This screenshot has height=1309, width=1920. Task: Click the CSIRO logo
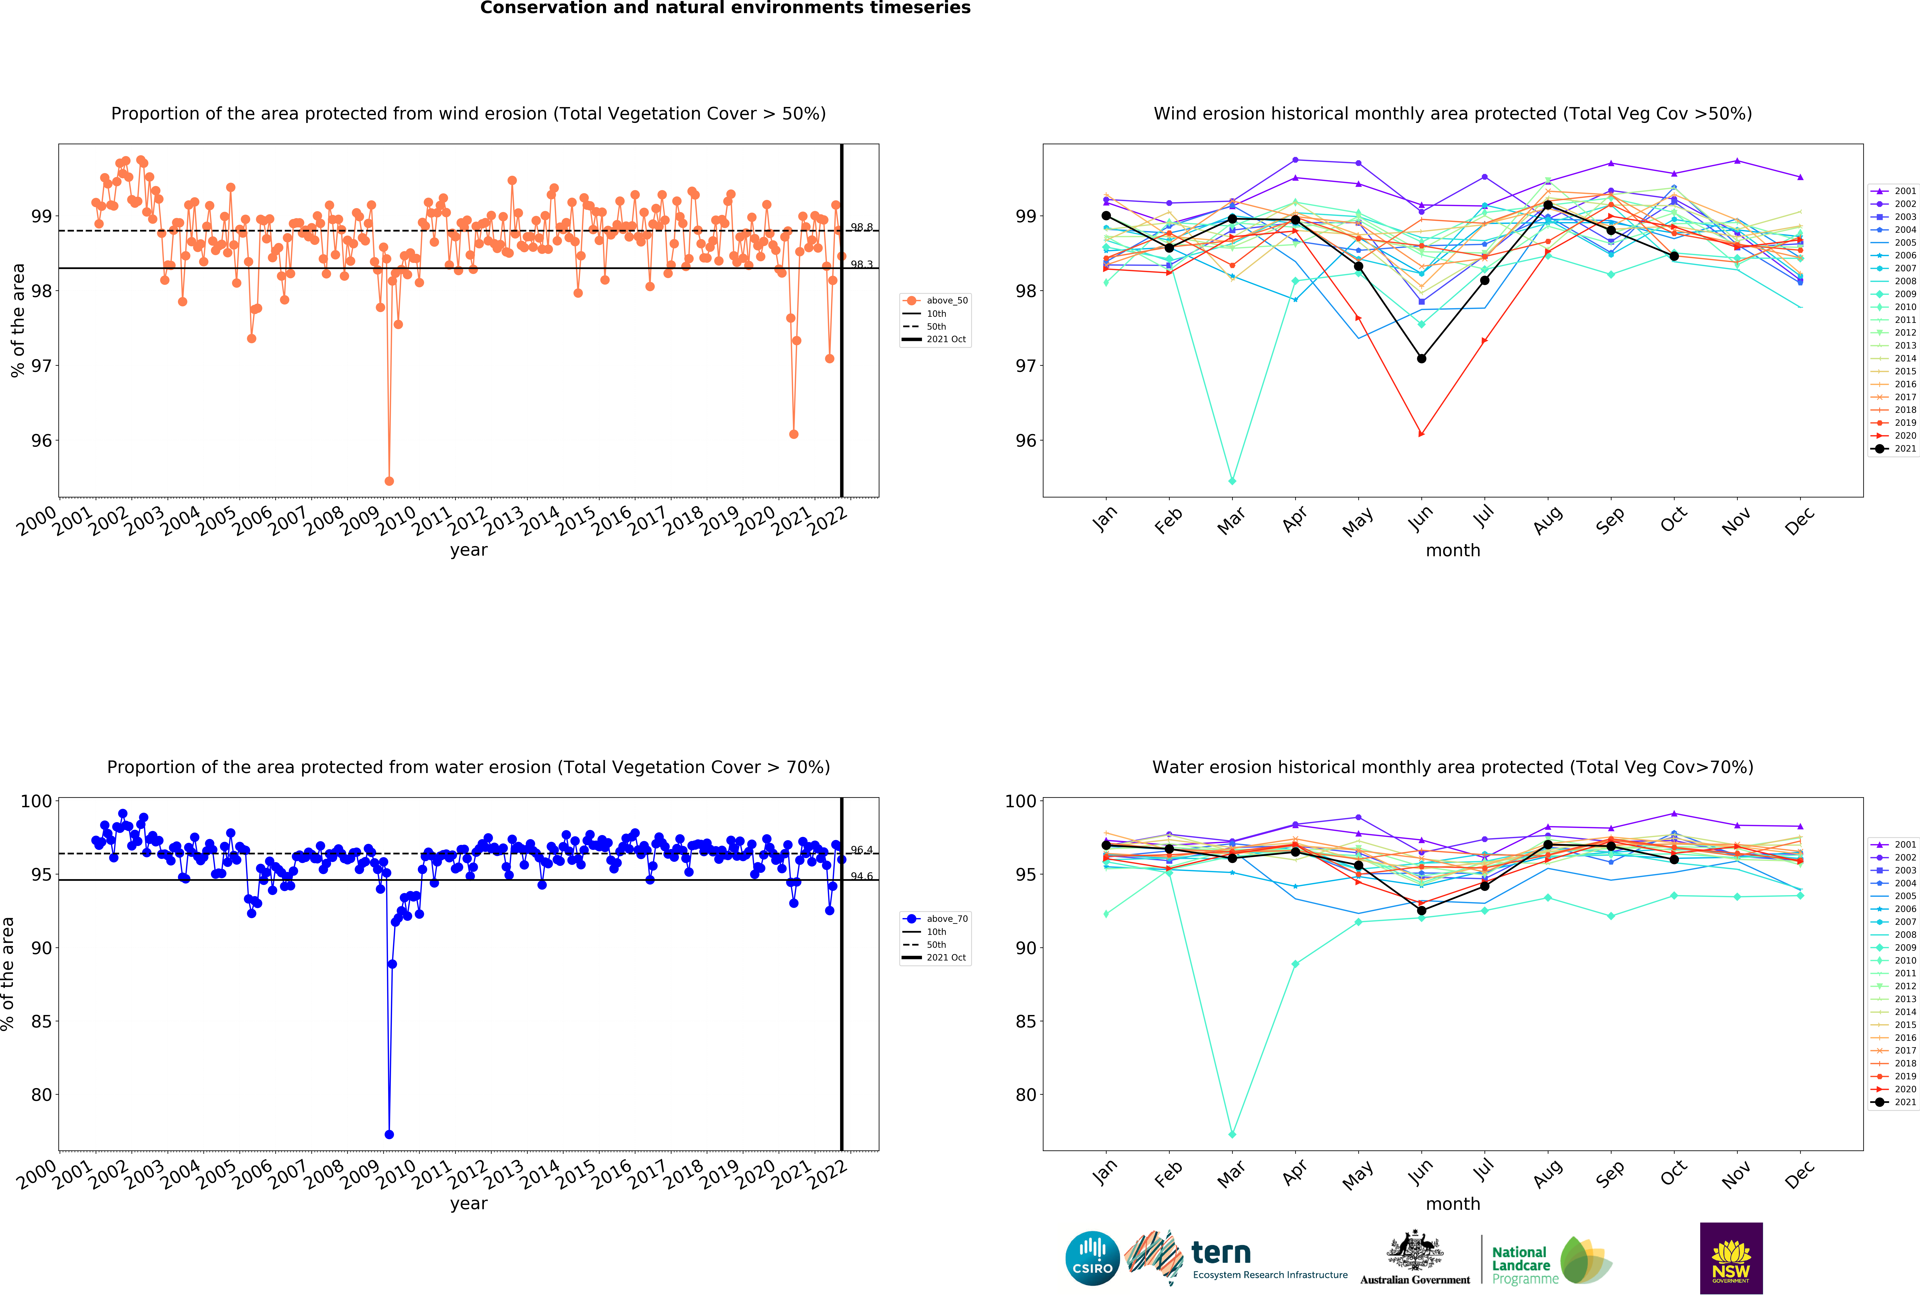click(1092, 1259)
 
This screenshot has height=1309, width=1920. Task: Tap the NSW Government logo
click(1731, 1258)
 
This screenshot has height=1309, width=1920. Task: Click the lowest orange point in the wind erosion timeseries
click(389, 481)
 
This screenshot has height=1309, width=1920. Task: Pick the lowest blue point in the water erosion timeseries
click(389, 1135)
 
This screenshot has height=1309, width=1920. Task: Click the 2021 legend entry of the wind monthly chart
click(1896, 449)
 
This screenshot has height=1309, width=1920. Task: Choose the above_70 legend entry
click(936, 919)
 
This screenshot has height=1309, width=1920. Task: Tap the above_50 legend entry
click(936, 301)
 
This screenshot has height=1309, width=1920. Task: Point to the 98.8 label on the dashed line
click(862, 227)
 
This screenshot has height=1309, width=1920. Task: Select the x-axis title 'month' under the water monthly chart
click(1452, 1204)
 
